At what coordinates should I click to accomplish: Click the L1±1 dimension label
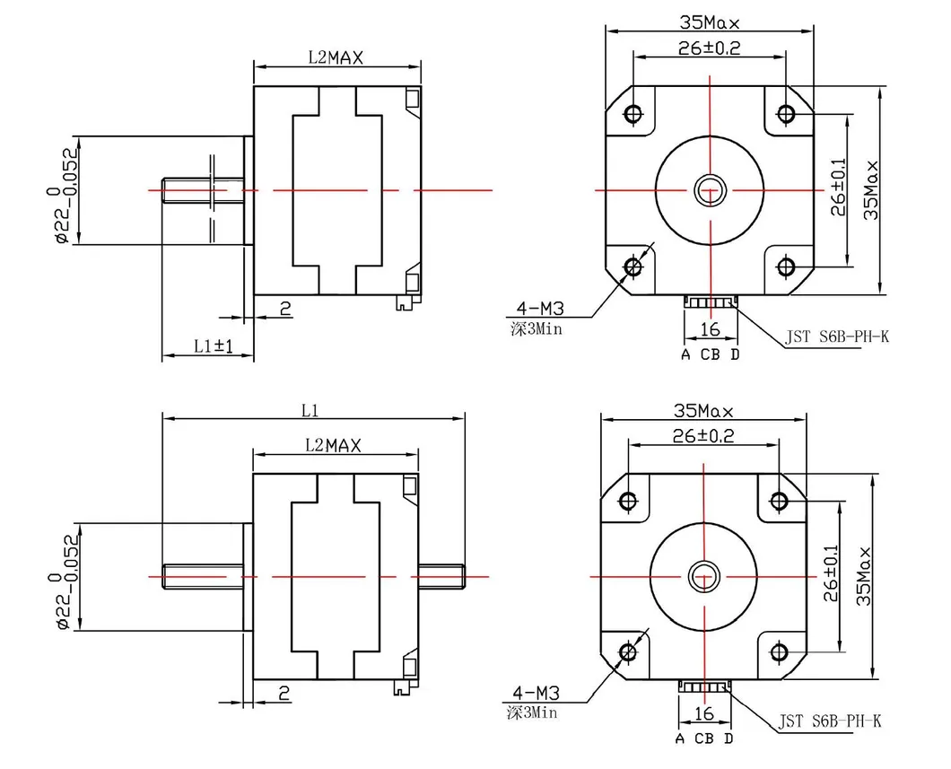[214, 346]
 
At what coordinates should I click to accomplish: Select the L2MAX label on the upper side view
[336, 57]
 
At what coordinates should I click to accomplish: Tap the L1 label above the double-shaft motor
[310, 411]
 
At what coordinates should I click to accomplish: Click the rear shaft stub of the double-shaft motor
[441, 576]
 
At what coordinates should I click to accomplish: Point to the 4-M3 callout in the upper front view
[540, 309]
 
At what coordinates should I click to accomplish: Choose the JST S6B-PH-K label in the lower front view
[830, 721]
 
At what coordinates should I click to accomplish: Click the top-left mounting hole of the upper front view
[633, 113]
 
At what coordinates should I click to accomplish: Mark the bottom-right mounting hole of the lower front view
[779, 652]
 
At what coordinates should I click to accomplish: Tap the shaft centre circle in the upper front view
[710, 190]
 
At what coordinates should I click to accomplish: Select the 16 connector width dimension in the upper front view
[710, 329]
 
